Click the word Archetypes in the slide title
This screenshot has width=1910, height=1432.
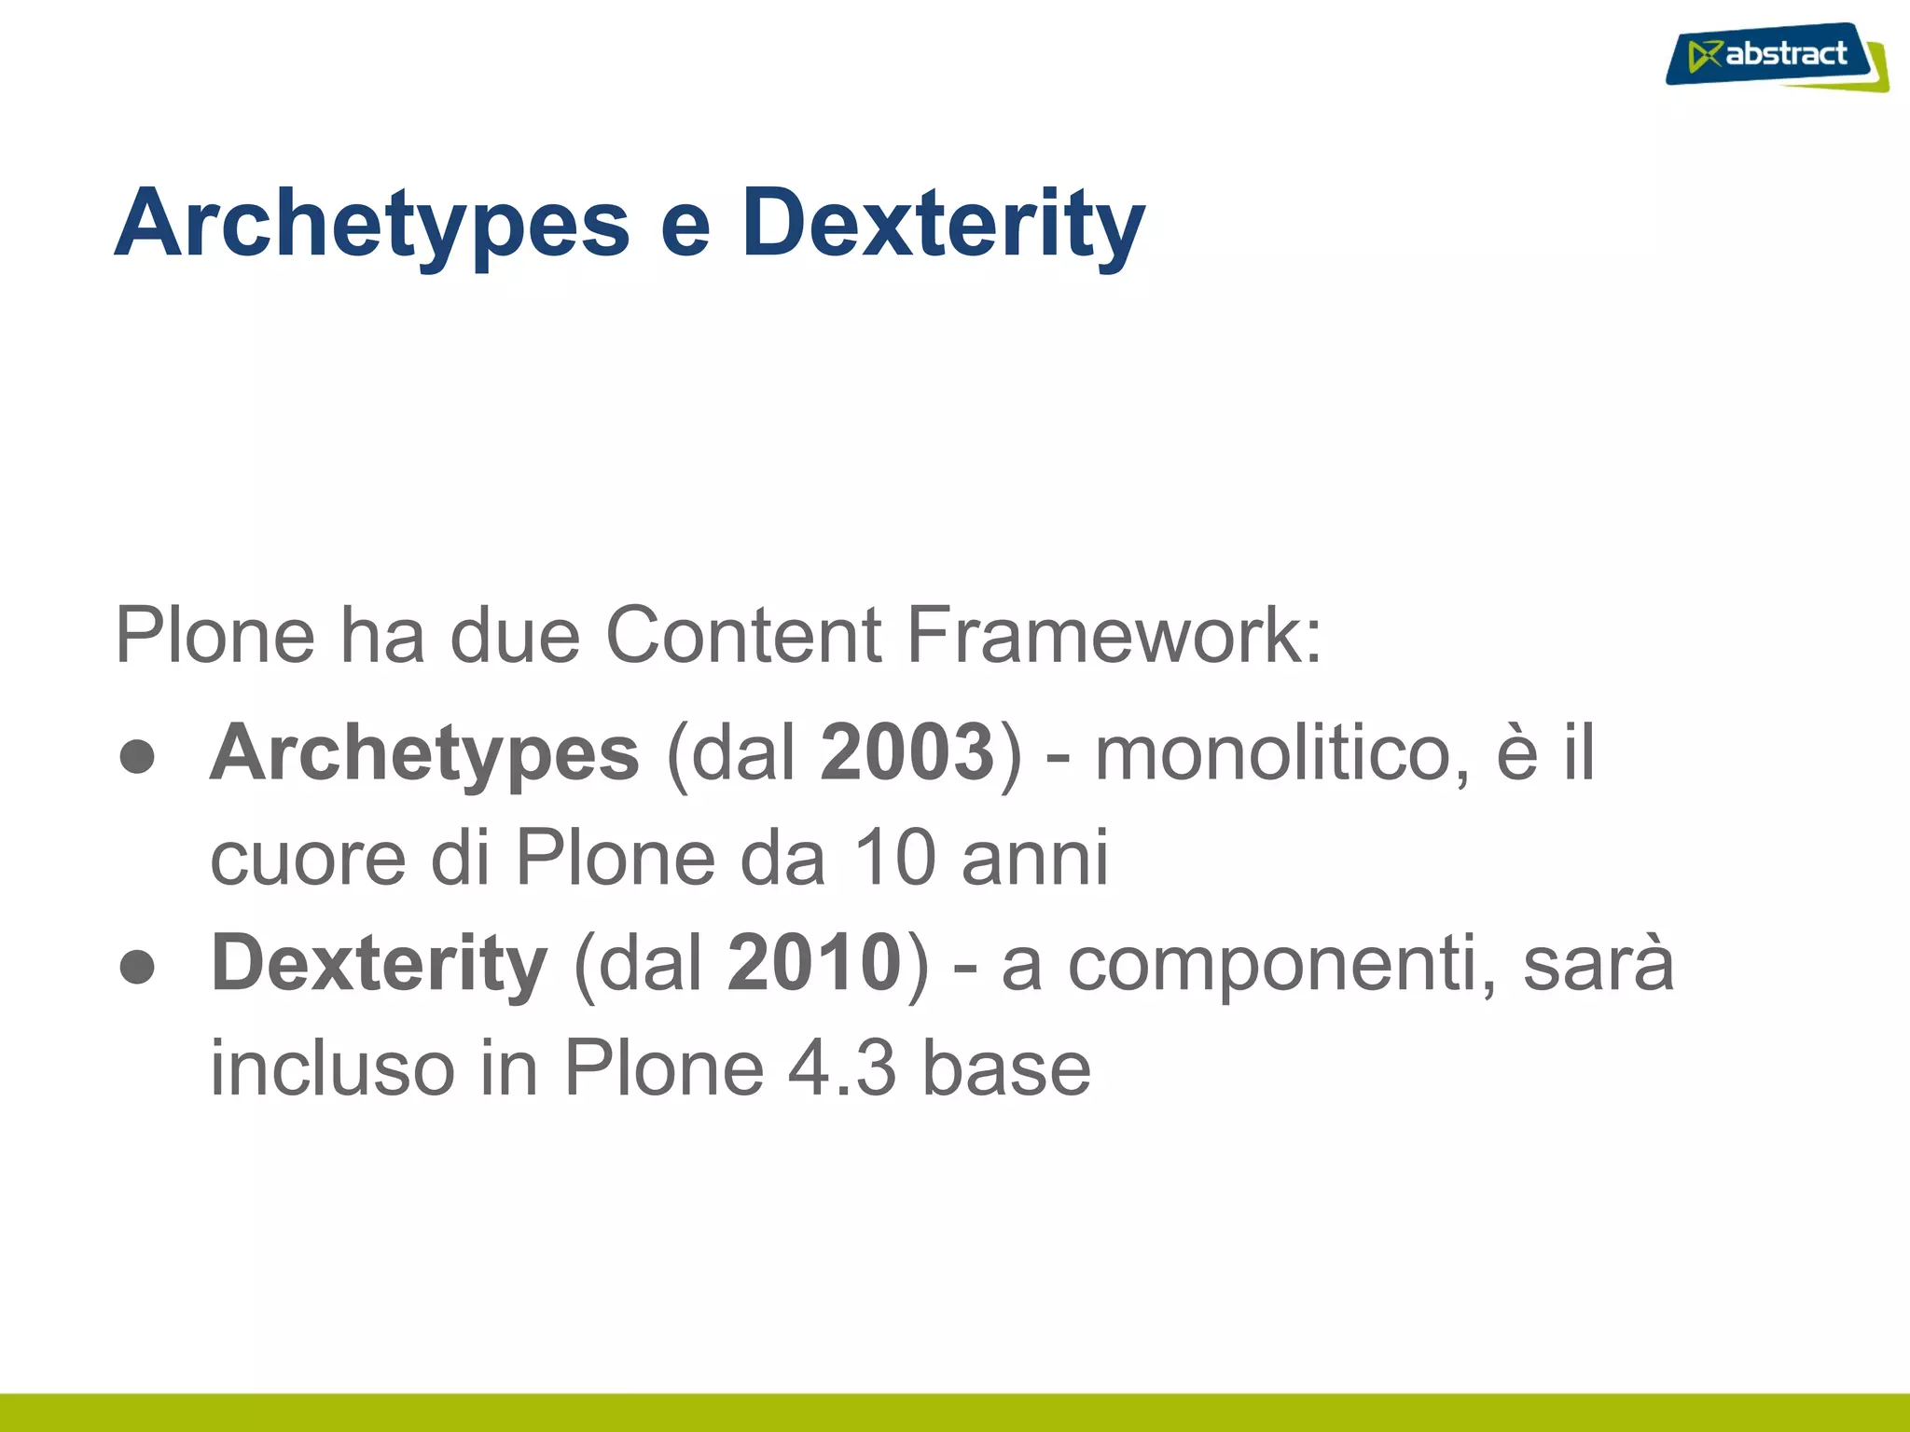(372, 224)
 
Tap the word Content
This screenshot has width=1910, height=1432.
(743, 635)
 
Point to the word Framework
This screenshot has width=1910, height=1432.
(1114, 635)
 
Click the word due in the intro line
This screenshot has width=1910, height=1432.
(515, 635)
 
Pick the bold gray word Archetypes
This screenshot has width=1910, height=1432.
(425, 753)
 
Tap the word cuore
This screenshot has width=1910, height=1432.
(308, 858)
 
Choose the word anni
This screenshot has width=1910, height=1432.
(1035, 858)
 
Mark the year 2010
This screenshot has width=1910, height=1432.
(814, 962)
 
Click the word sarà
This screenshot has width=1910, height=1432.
(1599, 962)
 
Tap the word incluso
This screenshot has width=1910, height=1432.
(332, 1068)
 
